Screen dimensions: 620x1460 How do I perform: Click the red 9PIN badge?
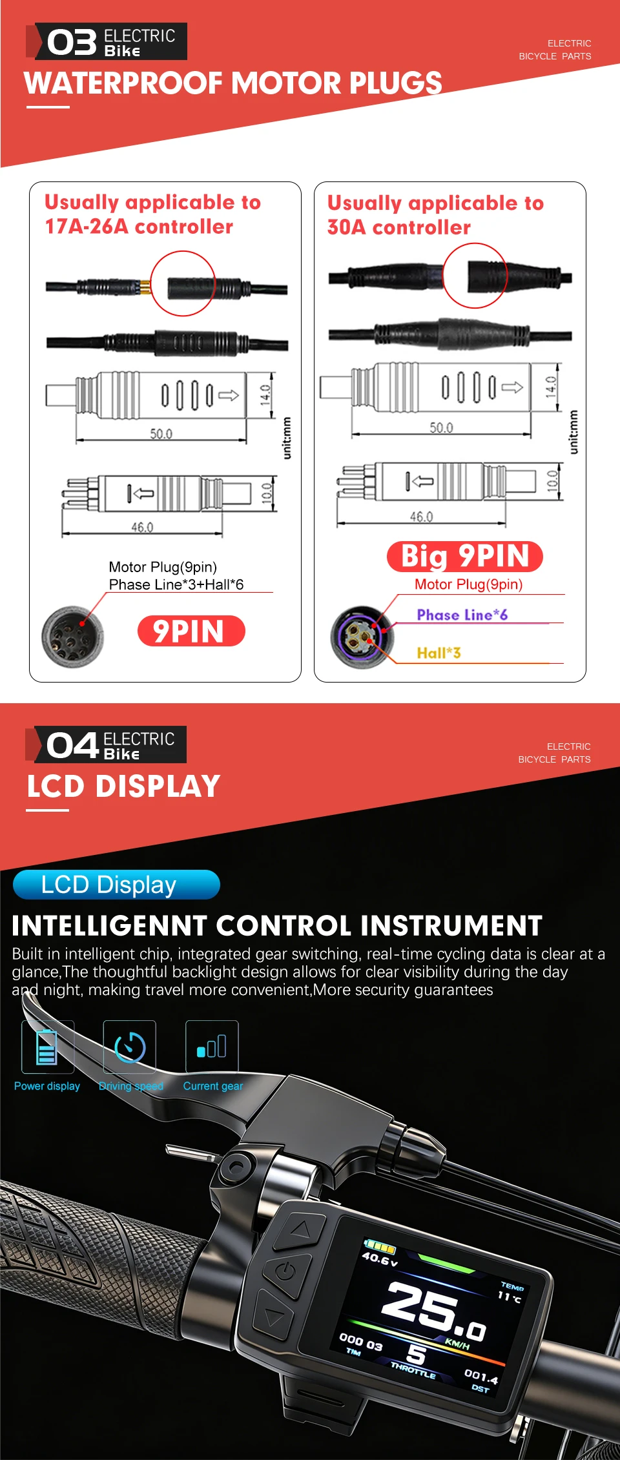point(191,631)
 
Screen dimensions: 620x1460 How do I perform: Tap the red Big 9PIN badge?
point(465,557)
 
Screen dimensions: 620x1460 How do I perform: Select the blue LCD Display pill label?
point(116,885)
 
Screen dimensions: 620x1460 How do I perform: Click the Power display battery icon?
point(47,1047)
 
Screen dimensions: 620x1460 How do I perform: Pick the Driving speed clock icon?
point(130,1047)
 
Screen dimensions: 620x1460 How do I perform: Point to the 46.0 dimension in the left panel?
point(142,528)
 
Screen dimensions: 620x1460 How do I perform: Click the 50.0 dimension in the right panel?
point(442,428)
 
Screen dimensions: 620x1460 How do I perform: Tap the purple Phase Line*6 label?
point(462,615)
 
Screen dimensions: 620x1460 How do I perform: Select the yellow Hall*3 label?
point(439,653)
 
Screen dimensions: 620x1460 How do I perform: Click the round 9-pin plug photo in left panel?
point(72,637)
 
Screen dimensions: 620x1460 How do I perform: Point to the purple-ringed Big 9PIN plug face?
point(361,637)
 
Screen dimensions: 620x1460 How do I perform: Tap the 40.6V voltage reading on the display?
point(380,1259)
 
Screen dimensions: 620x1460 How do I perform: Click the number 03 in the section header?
point(72,43)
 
